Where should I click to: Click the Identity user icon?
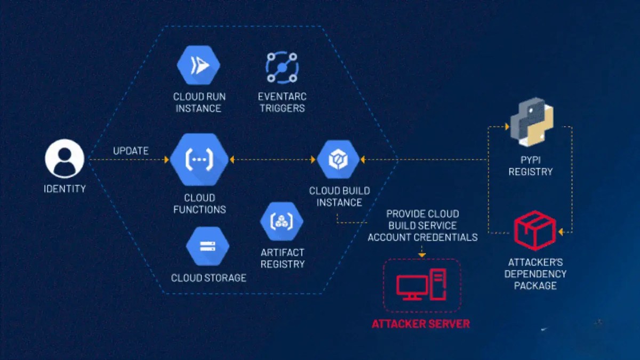coord(65,158)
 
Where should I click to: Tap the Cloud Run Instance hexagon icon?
coord(198,66)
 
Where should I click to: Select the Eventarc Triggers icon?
coord(281,67)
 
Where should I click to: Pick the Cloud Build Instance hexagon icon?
coord(338,159)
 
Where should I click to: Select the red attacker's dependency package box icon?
coord(534,230)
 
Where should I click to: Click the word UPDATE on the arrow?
coord(131,151)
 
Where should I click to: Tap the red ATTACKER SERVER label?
coord(421,324)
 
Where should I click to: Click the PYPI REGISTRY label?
coord(530,166)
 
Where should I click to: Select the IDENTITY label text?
coord(65,188)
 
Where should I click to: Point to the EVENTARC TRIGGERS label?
coord(282,102)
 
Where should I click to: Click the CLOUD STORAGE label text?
coord(209,278)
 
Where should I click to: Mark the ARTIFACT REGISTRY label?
coord(282,258)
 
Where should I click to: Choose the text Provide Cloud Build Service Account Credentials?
coord(422,226)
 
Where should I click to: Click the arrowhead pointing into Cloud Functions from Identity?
coord(166,159)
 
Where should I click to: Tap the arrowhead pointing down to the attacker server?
coord(422,254)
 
